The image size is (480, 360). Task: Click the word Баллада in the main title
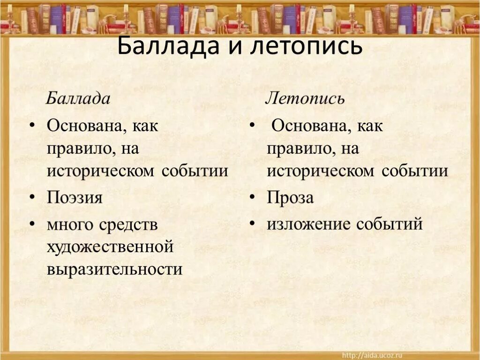point(170,48)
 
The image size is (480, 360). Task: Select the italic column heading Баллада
point(78,98)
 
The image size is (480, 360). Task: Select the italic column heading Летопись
point(305,98)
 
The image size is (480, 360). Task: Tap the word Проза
point(290,198)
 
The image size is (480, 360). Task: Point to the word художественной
point(110,247)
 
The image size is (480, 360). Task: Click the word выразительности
point(114,269)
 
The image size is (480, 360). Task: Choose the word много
point(70,225)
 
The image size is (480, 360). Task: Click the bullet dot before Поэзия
point(31,197)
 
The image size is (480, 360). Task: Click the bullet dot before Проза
point(252,197)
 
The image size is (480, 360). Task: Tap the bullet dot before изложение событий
point(252,223)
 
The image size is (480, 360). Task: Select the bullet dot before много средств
point(31,224)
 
